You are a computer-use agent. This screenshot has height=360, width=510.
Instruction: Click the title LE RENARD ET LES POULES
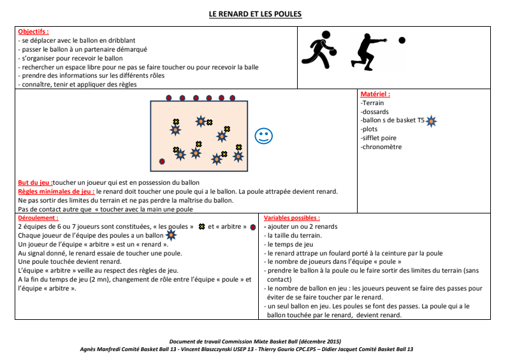tap(255, 14)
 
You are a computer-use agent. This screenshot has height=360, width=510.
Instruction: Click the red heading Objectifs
tap(33, 31)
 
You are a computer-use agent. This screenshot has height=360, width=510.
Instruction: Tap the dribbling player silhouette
tap(322, 49)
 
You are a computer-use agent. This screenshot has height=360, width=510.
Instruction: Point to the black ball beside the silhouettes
tap(402, 40)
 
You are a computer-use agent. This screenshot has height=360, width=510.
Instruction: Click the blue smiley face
tap(263, 136)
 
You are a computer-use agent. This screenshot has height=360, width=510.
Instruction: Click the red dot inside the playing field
tap(162, 161)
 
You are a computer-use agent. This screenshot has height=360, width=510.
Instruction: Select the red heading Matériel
tap(375, 94)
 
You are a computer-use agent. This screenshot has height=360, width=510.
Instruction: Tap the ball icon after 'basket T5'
tap(432, 120)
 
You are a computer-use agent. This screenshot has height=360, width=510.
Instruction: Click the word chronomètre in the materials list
tap(382, 147)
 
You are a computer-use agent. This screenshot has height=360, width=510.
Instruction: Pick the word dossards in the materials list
tap(375, 112)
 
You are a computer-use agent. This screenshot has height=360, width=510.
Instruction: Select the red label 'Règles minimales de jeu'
tap(56, 191)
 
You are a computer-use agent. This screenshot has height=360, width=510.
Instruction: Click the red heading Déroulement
tap(38, 218)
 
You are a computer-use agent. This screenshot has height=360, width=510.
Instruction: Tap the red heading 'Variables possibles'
tap(292, 218)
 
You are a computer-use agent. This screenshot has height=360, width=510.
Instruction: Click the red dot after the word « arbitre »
tap(253, 227)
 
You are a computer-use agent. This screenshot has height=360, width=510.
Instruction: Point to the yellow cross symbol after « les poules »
tap(202, 227)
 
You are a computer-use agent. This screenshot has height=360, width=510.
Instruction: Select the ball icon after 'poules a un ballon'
tap(171, 235)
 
